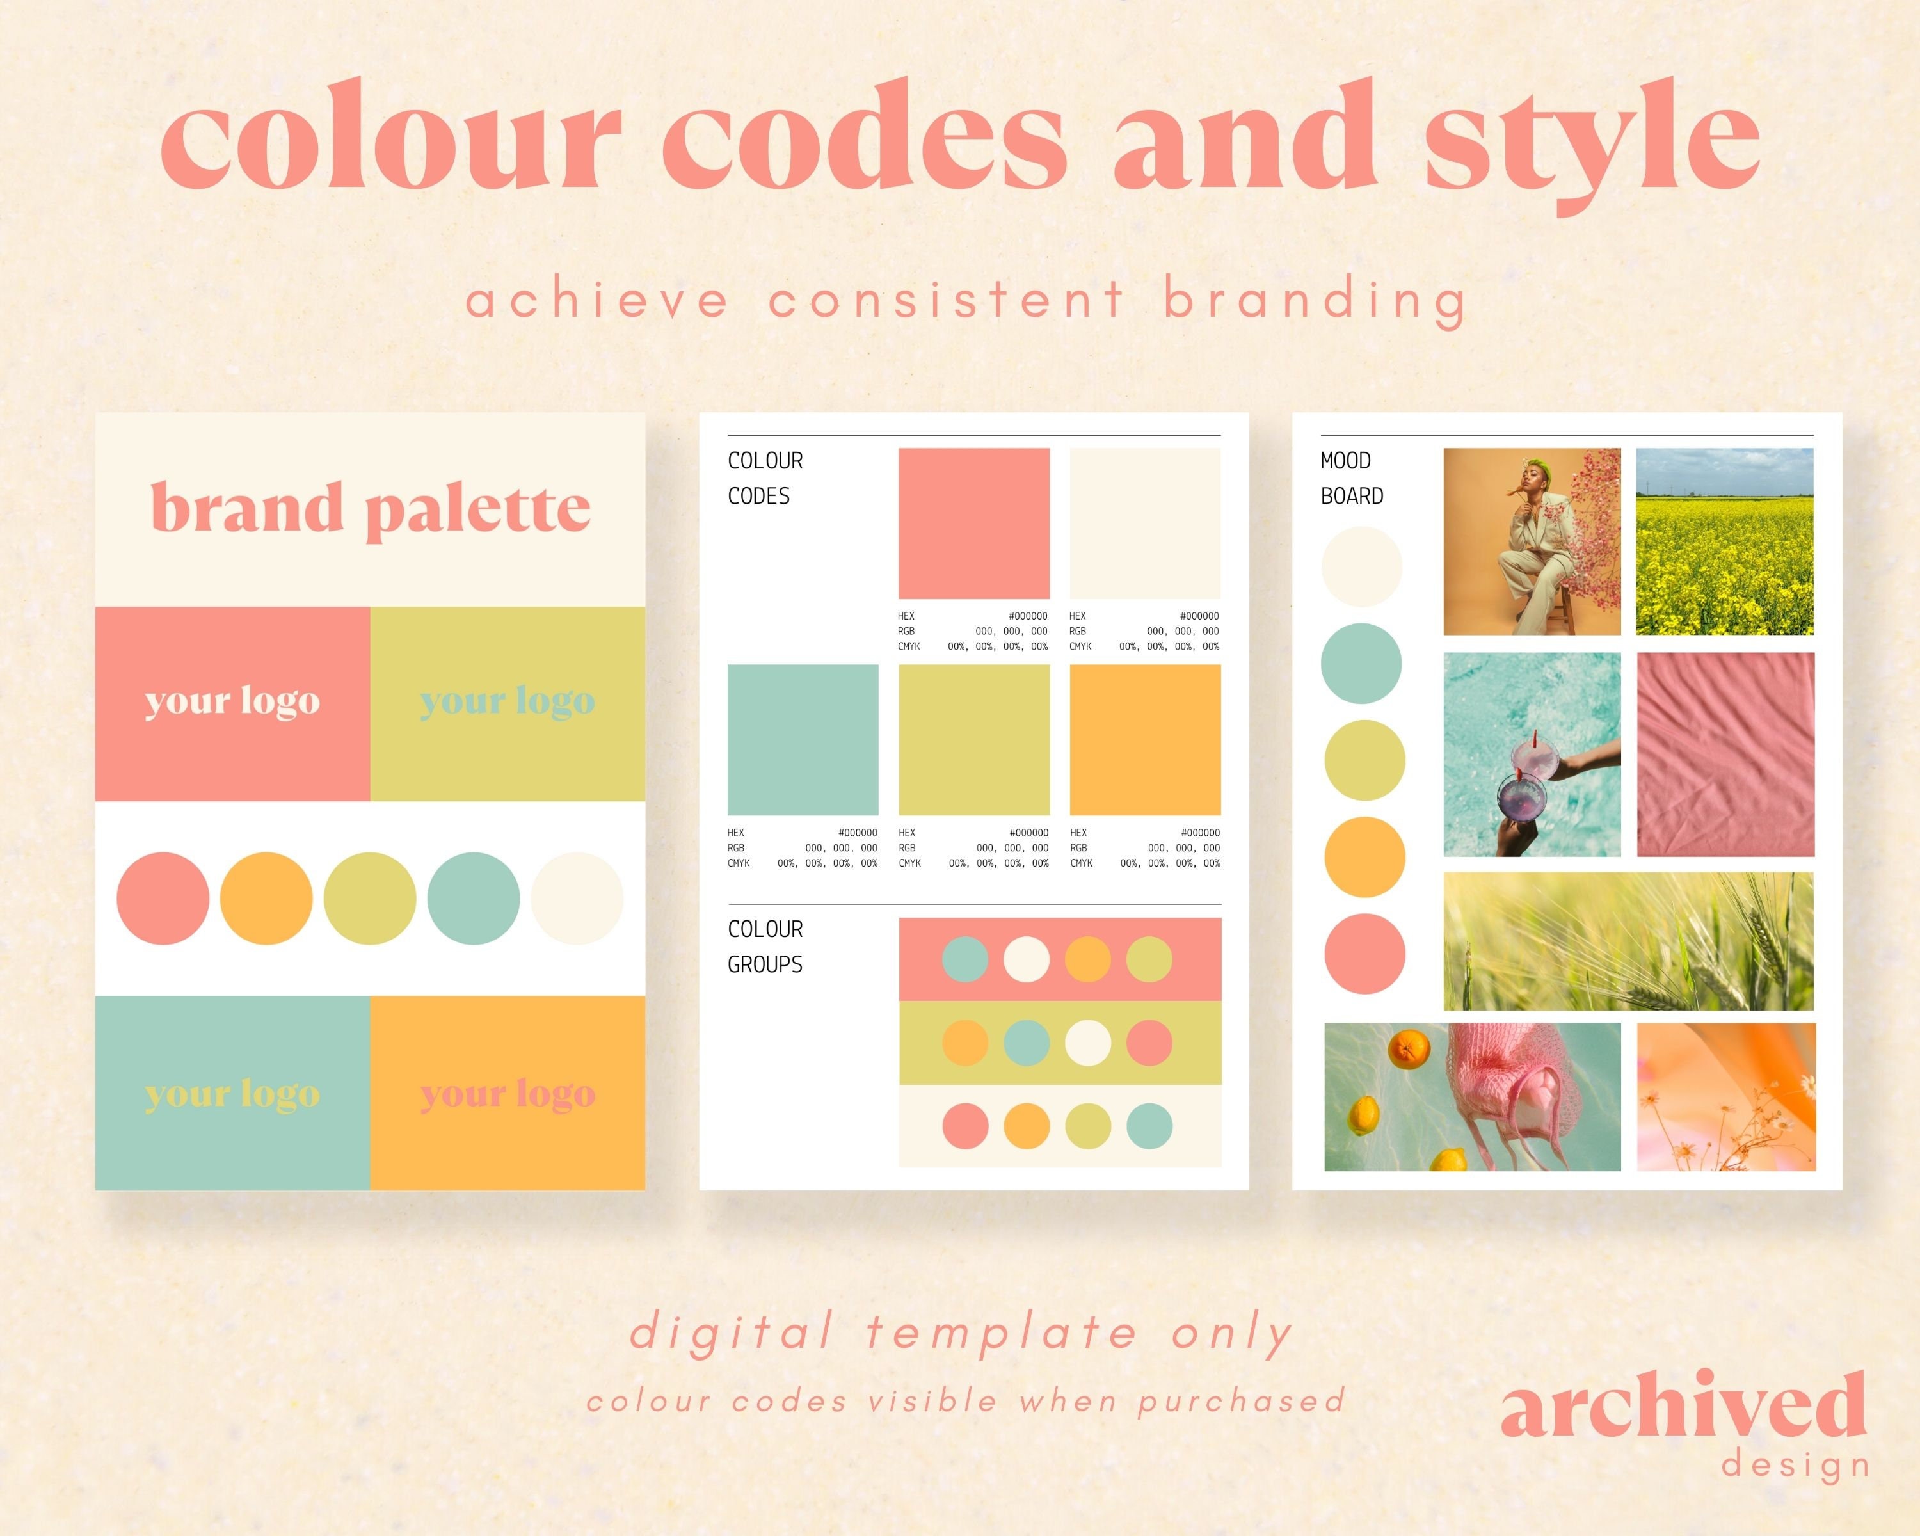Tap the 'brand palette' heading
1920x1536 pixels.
[x=371, y=508]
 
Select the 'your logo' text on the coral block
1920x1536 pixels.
[x=232, y=701]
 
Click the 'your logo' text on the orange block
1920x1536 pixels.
[x=508, y=1094]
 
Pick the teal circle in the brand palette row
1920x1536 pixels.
[x=473, y=899]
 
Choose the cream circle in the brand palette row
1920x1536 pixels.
[x=577, y=899]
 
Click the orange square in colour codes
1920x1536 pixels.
[x=1144, y=739]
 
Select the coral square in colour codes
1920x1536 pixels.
[x=973, y=523]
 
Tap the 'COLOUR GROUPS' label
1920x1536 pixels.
[x=765, y=947]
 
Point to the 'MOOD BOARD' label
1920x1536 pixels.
[x=1351, y=478]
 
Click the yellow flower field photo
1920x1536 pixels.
[x=1724, y=541]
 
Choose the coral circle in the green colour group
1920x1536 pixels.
[x=1149, y=1043]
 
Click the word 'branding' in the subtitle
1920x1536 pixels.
[x=1315, y=300]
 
